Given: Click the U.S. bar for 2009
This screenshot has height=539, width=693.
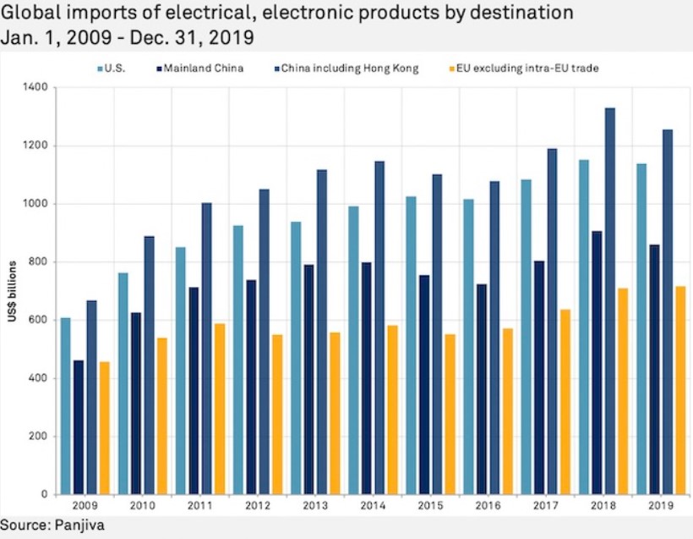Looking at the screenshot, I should pos(65,406).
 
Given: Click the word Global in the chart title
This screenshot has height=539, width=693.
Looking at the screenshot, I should pos(31,14).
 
